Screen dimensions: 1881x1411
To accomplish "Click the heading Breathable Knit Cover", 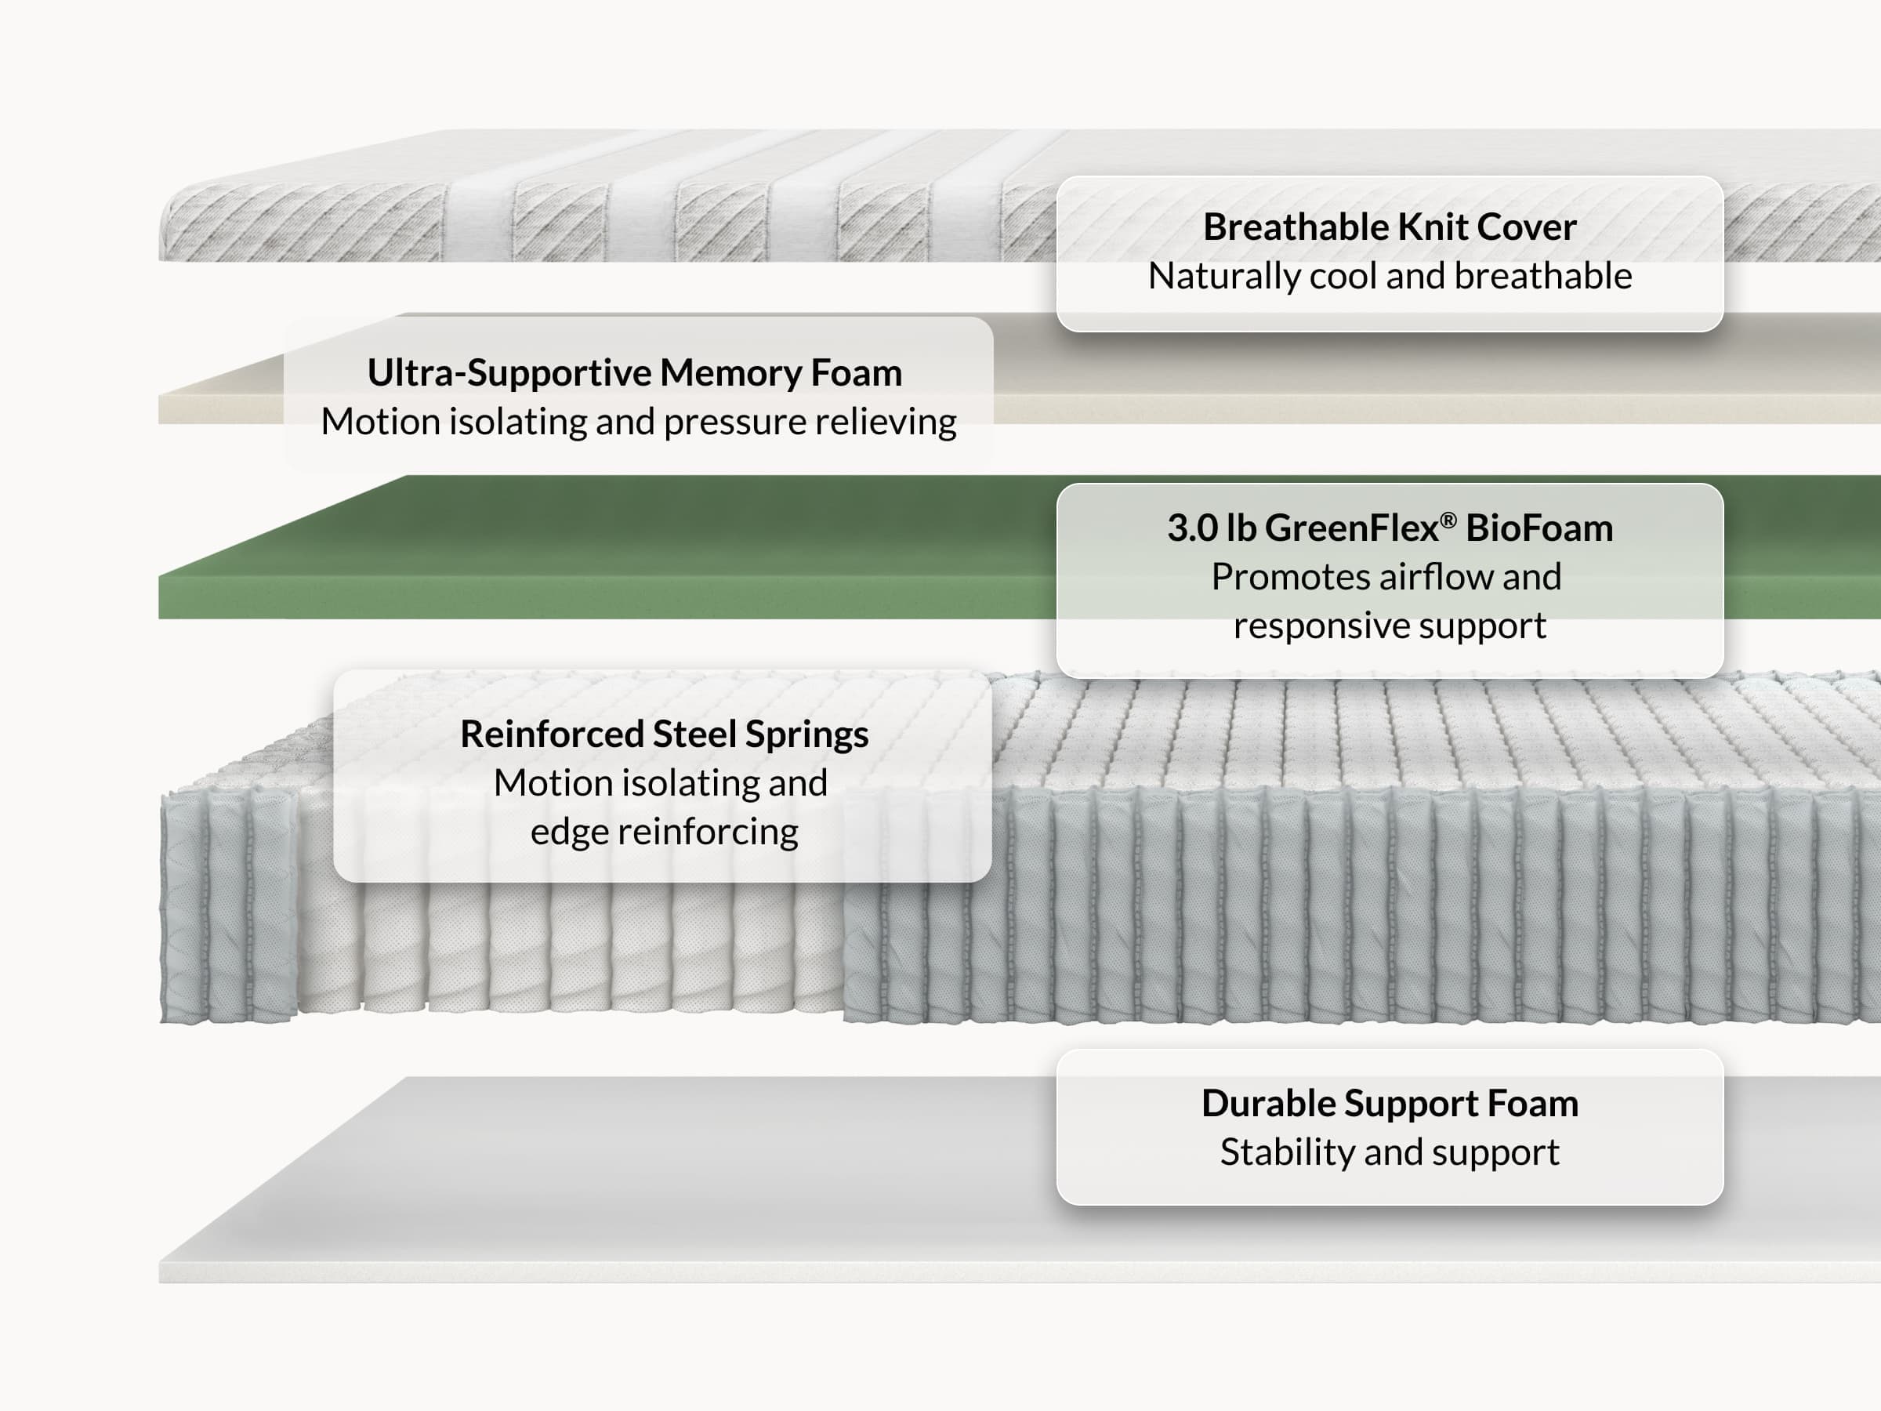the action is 1390,227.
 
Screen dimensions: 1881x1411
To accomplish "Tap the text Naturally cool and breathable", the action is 1390,276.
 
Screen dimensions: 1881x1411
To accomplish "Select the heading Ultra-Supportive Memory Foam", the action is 634,372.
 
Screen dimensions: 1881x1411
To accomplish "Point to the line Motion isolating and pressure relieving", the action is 639,422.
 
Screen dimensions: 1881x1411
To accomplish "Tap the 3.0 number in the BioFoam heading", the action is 1192,528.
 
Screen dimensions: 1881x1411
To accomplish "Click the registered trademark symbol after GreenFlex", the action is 1449,519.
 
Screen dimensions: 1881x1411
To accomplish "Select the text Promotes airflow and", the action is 1386,577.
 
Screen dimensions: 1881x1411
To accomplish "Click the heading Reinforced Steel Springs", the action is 664,734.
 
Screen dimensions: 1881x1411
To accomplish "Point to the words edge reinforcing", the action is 664,832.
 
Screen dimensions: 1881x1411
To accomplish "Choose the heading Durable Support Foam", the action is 1390,1103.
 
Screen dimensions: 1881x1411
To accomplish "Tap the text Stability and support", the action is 1390,1152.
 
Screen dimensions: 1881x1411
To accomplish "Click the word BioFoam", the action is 1539,528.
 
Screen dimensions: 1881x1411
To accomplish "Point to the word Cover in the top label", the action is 1528,227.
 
